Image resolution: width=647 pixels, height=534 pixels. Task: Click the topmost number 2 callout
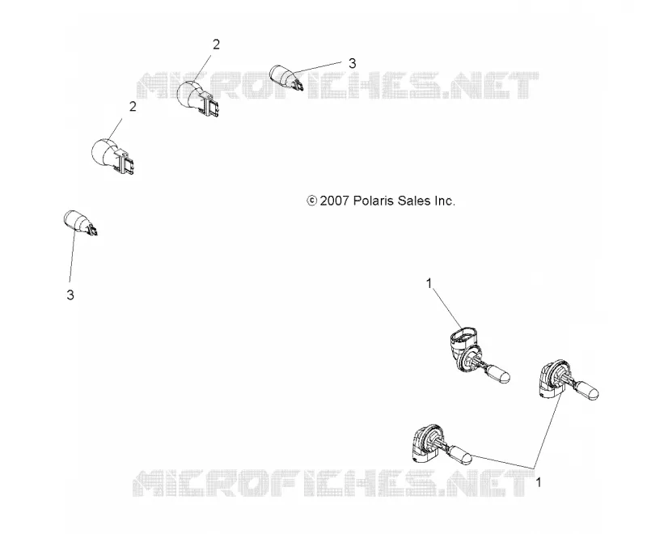[216, 44]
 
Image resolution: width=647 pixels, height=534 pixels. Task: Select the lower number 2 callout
[133, 107]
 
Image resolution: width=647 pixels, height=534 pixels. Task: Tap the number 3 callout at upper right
[352, 63]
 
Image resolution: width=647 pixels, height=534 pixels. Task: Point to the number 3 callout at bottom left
[70, 295]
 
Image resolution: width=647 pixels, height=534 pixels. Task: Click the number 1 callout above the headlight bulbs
[429, 283]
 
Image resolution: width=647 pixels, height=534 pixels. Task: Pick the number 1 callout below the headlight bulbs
[538, 481]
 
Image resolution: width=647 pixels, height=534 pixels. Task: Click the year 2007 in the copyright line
[335, 201]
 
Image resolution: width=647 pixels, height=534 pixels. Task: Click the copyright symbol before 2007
[311, 201]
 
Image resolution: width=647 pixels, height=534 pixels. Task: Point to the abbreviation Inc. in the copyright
[444, 201]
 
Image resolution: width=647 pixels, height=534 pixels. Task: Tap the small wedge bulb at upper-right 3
[287, 77]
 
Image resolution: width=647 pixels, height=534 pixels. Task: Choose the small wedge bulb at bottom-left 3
[81, 222]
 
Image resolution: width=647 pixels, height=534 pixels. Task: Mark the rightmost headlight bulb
[569, 379]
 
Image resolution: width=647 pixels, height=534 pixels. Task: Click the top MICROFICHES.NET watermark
[337, 86]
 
